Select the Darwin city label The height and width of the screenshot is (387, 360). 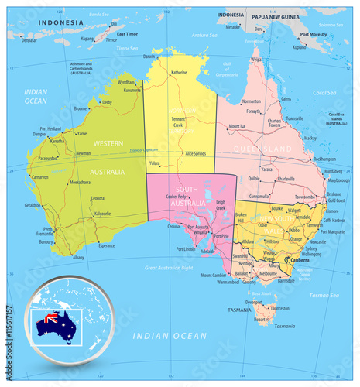[x=149, y=57]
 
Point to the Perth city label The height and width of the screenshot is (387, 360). [x=48, y=229]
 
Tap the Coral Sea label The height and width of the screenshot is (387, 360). [x=324, y=93]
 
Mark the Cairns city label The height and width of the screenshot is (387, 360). [x=286, y=99]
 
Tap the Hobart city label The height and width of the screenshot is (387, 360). [x=260, y=318]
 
